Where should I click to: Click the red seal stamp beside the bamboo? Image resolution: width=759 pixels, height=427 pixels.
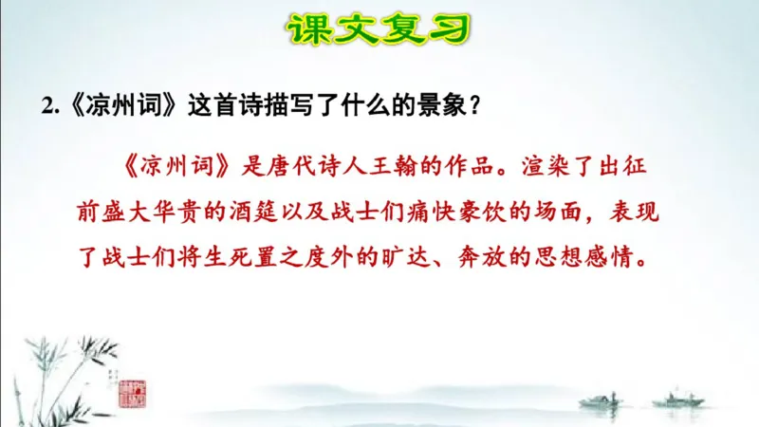[x=129, y=393]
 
